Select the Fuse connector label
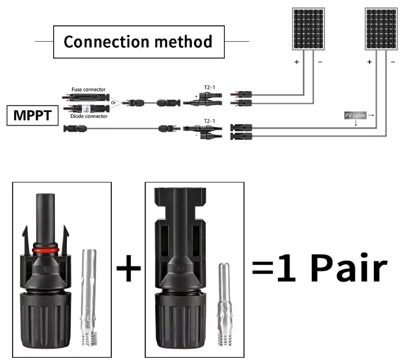click(88, 89)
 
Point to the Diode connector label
click(89, 116)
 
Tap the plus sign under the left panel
click(297, 63)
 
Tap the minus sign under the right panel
click(394, 63)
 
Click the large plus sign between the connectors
click(129, 268)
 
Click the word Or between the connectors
click(113, 102)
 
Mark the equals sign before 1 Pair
click(262, 269)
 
